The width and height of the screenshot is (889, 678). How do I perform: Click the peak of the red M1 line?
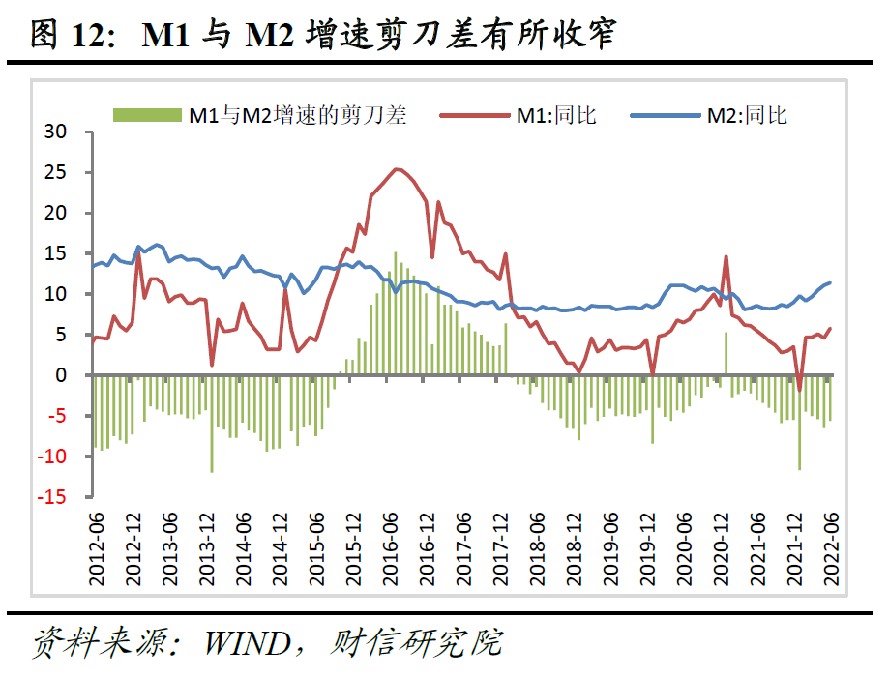coord(397,169)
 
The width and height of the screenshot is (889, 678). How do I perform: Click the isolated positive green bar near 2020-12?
coord(726,353)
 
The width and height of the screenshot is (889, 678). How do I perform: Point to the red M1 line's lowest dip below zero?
coord(799,390)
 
